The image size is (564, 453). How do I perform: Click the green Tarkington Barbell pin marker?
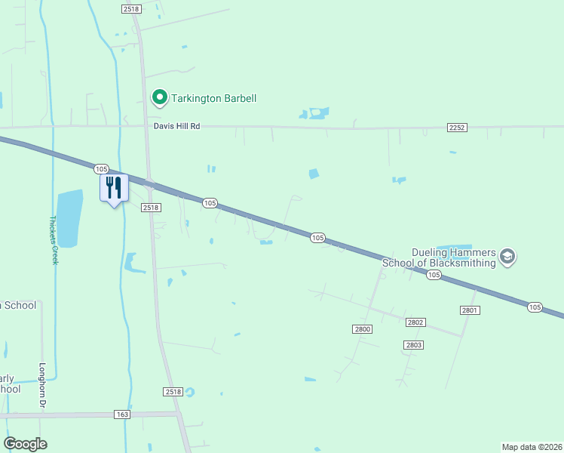(x=159, y=97)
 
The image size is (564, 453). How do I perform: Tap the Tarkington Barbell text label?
(x=214, y=98)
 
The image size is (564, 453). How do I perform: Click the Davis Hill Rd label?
(x=177, y=127)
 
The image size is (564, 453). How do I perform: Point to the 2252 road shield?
(x=457, y=127)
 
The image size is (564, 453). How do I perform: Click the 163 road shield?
(x=123, y=414)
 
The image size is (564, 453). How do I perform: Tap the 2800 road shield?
(x=362, y=328)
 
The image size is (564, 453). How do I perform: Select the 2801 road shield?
(x=470, y=310)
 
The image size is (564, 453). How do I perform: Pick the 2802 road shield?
(x=415, y=322)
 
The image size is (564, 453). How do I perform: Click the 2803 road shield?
(x=412, y=345)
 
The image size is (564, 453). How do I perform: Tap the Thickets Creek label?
(x=54, y=240)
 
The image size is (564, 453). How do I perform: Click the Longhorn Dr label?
(x=41, y=387)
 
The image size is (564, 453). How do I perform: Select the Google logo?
(x=25, y=443)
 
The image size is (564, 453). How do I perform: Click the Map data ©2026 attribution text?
(x=532, y=446)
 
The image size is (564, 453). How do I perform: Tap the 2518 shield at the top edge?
(x=130, y=8)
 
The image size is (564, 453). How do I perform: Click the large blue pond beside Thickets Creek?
(x=69, y=218)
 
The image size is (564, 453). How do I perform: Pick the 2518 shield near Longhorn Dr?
(x=173, y=392)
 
